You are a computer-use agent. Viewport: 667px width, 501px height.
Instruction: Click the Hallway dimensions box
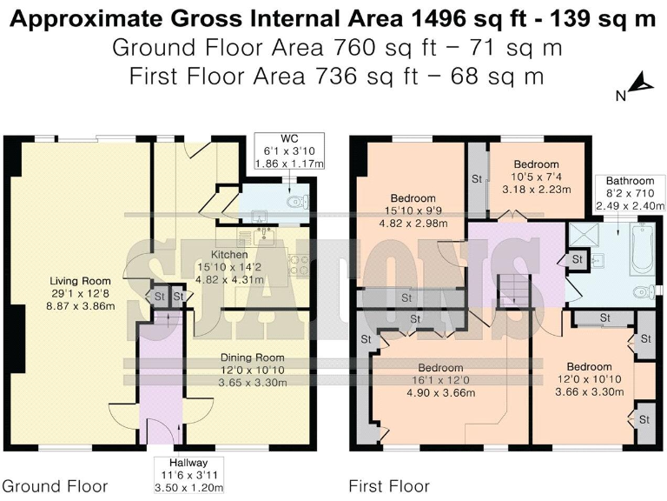point(188,476)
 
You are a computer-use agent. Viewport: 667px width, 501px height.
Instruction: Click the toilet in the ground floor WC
point(297,204)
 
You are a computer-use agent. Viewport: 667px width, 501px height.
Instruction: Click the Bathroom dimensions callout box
point(624,193)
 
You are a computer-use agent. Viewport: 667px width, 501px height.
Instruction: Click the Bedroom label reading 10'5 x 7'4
point(536,177)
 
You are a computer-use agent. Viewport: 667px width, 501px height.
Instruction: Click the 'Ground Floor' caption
point(55,486)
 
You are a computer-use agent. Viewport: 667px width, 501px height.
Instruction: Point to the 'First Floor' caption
point(389,486)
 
